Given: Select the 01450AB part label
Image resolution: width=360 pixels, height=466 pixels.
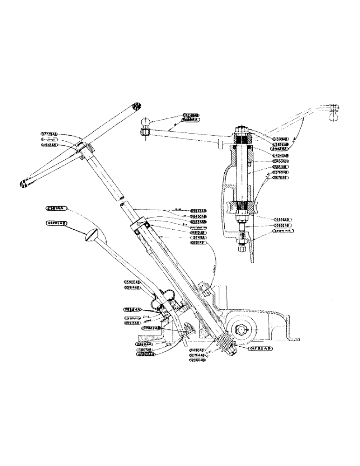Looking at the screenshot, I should coord(199,349).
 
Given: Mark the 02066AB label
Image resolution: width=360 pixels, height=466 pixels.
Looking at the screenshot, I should coord(199,360).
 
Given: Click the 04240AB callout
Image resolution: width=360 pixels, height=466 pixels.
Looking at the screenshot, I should coord(280,155).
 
